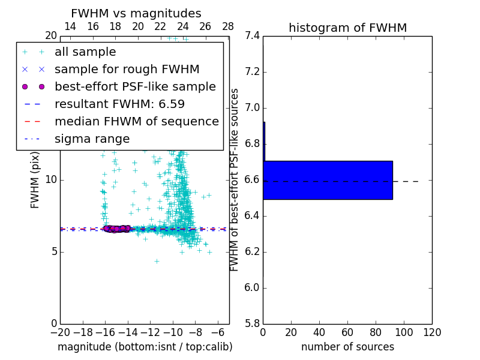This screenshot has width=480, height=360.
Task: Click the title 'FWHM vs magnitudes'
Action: click(x=136, y=13)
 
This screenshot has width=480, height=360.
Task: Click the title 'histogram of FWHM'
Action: click(x=347, y=28)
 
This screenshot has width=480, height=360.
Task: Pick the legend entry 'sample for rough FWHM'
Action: click(x=127, y=70)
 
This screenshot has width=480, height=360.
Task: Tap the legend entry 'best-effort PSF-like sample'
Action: click(x=135, y=86)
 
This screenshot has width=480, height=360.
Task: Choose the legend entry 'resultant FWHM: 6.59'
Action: click(x=128, y=104)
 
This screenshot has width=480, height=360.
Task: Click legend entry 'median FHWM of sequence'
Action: click(x=136, y=121)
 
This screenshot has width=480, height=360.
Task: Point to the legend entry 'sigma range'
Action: click(x=92, y=139)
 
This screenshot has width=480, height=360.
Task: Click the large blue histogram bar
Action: click(x=328, y=180)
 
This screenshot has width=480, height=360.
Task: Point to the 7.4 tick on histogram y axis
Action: click(x=252, y=36)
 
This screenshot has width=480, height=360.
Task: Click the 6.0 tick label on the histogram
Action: click(x=252, y=287)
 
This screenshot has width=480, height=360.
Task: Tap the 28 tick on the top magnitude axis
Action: click(x=228, y=26)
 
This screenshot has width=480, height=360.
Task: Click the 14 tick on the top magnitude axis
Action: click(x=70, y=26)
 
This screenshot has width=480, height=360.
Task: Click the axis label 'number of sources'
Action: click(x=347, y=347)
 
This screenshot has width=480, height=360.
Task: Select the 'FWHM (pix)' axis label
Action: click(x=35, y=179)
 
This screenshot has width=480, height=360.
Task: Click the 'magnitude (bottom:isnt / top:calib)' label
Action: click(x=145, y=347)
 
